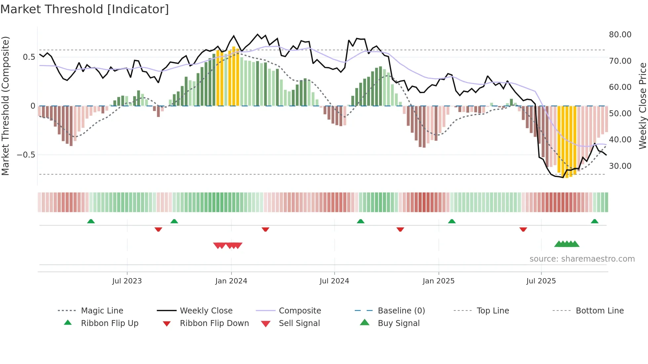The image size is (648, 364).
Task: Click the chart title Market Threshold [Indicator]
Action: click(85, 9)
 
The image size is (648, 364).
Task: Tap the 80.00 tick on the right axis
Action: click(620, 35)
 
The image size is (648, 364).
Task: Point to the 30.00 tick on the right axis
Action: click(620, 166)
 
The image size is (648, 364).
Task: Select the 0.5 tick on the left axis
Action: click(29, 57)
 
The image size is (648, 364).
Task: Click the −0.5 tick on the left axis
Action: click(26, 155)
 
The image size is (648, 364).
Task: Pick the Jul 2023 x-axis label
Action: click(127, 281)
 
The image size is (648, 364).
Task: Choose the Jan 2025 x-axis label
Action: click(438, 281)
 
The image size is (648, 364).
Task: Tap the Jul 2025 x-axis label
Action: click(541, 281)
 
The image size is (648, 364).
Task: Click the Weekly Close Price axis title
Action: click(642, 106)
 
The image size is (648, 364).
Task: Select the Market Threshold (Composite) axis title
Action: click(5, 106)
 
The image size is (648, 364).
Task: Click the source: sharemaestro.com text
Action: click(582, 259)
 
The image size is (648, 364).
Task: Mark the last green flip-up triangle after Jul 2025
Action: click(594, 221)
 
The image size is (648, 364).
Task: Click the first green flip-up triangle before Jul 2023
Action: click(91, 221)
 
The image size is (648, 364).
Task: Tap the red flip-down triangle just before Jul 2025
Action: click(523, 229)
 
